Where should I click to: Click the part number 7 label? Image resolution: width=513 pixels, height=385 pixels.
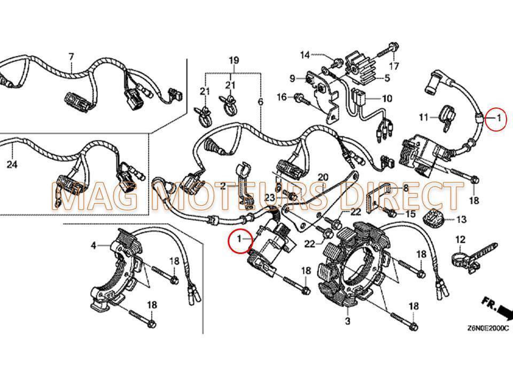pyautogui.click(x=71, y=56)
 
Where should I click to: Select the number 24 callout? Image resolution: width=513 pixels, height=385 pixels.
pyautogui.click(x=12, y=165)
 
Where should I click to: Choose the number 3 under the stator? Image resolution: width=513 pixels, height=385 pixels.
pyautogui.click(x=348, y=321)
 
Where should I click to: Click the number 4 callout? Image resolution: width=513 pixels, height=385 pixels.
pyautogui.click(x=94, y=246)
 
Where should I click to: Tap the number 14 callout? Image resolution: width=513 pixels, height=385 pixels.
pyautogui.click(x=305, y=55)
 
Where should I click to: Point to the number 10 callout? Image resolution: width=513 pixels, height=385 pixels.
pyautogui.click(x=386, y=98)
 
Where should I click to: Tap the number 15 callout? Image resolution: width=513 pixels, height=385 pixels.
pyautogui.click(x=410, y=214)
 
